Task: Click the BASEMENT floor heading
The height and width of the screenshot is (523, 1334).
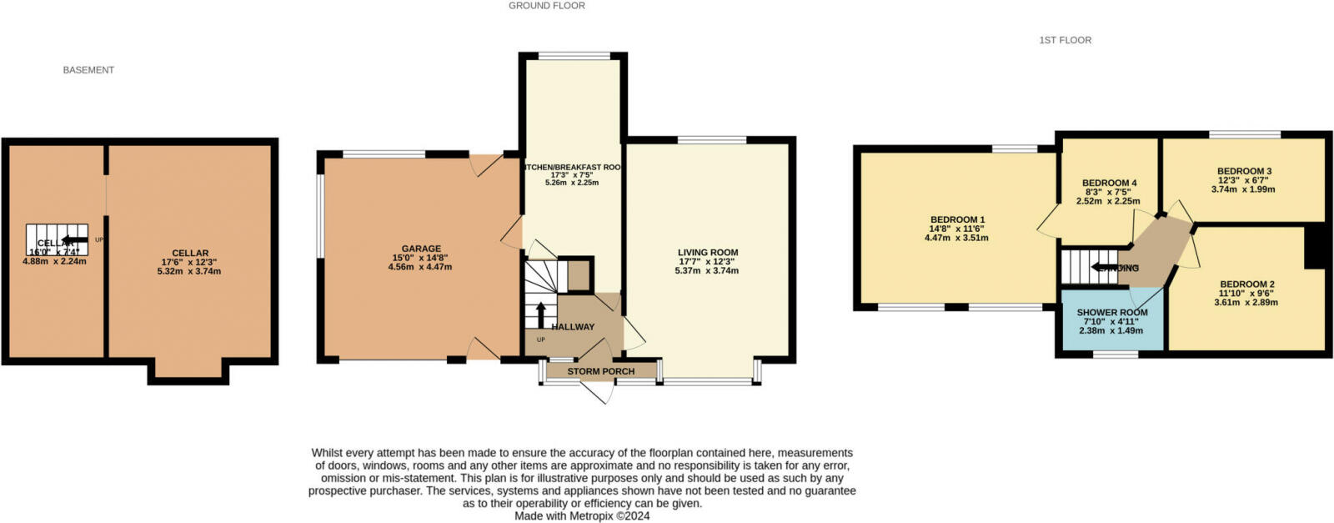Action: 88,70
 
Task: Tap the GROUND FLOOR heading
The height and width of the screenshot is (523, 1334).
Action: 547,6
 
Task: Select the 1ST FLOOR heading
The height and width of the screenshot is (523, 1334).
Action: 1065,40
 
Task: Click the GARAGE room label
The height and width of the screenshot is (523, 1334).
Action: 421,249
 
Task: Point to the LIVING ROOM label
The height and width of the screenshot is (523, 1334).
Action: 708,253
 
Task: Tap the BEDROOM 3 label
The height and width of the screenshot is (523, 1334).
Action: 1243,172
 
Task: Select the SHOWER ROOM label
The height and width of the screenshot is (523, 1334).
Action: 1112,313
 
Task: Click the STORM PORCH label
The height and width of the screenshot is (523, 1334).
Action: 600,371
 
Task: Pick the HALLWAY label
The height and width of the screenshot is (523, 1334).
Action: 573,327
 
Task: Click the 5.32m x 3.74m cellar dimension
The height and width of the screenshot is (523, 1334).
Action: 189,271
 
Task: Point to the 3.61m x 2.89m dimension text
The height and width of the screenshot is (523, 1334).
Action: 1246,302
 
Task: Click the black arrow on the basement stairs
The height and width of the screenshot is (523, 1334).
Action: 61,241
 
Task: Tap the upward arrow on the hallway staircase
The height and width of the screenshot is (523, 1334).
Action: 540,314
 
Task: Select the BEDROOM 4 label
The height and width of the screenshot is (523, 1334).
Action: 1109,184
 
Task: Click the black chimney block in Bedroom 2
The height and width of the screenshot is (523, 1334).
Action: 1315,248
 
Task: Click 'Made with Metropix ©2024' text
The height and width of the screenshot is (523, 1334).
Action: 582,515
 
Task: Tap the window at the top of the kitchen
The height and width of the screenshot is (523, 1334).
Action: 574,56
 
